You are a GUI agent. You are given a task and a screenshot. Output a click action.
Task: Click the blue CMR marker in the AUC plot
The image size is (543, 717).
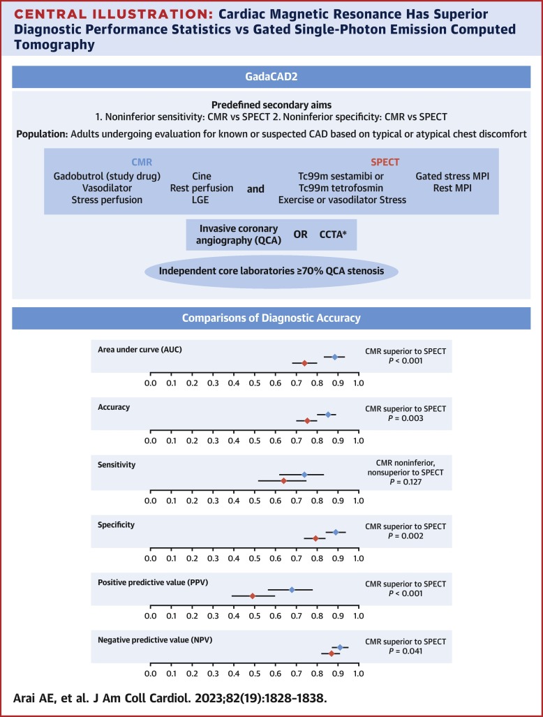tap(334, 357)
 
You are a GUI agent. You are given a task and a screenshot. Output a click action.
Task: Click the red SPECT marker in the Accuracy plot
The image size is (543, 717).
tap(307, 420)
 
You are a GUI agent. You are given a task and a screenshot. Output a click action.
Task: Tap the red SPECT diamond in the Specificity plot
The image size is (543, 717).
tap(315, 538)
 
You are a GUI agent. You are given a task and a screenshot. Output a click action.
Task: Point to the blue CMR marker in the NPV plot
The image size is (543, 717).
tap(340, 647)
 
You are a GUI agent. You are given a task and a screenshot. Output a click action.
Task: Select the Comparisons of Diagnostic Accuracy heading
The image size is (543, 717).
tap(271, 318)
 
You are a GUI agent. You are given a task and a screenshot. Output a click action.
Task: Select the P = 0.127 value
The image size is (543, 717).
tap(406, 482)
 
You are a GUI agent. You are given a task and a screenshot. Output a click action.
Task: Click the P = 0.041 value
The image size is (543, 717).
tap(406, 651)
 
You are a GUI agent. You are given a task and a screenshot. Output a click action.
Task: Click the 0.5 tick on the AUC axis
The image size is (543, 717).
tap(255, 383)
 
